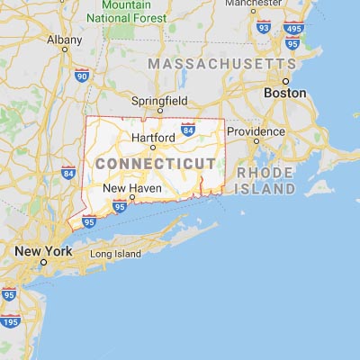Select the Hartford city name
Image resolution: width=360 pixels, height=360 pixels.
(152, 138)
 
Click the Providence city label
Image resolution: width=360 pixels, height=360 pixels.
(255, 131)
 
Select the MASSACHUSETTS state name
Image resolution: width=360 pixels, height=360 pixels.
(221, 65)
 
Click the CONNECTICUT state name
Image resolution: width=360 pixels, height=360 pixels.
(156, 163)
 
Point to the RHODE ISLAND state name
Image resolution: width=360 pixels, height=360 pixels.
(265, 181)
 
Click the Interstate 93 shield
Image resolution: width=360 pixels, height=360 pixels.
(264, 29)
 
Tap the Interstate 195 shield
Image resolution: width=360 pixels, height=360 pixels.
(12, 322)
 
